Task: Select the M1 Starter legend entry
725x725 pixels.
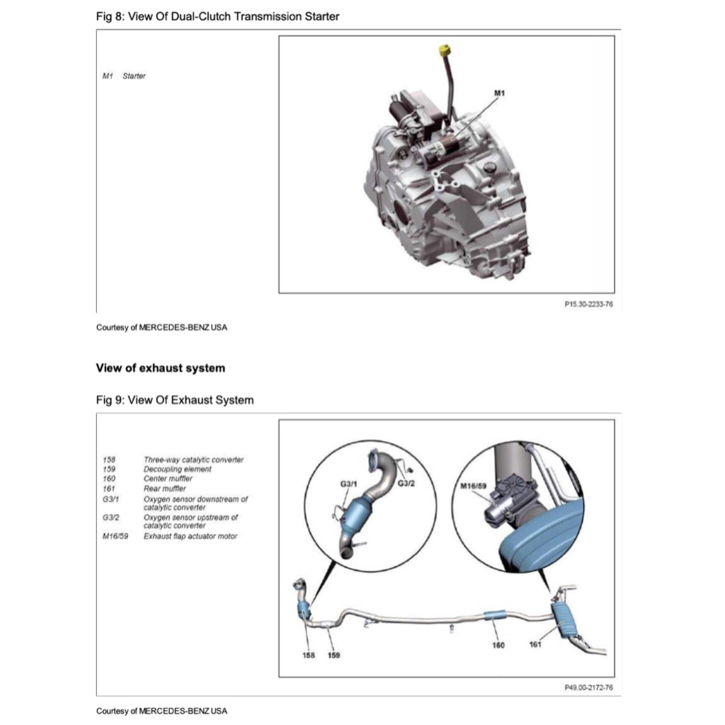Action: [x=125, y=76]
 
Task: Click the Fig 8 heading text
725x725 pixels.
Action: [x=217, y=16]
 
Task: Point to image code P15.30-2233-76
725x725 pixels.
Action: [x=588, y=303]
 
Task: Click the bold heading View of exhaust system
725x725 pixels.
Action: [x=160, y=367]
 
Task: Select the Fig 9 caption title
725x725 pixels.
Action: [x=174, y=400]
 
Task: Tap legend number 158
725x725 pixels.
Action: [x=108, y=459]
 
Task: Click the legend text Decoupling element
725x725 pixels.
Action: [x=177, y=469]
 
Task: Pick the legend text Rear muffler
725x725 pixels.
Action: [x=165, y=488]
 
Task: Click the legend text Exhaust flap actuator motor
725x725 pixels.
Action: [x=190, y=536]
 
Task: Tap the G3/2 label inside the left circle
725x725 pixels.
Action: [x=406, y=484]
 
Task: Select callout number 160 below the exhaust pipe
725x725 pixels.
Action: [x=498, y=645]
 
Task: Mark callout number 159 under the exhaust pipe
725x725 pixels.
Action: [x=333, y=655]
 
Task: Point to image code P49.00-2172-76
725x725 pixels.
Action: [x=588, y=687]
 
